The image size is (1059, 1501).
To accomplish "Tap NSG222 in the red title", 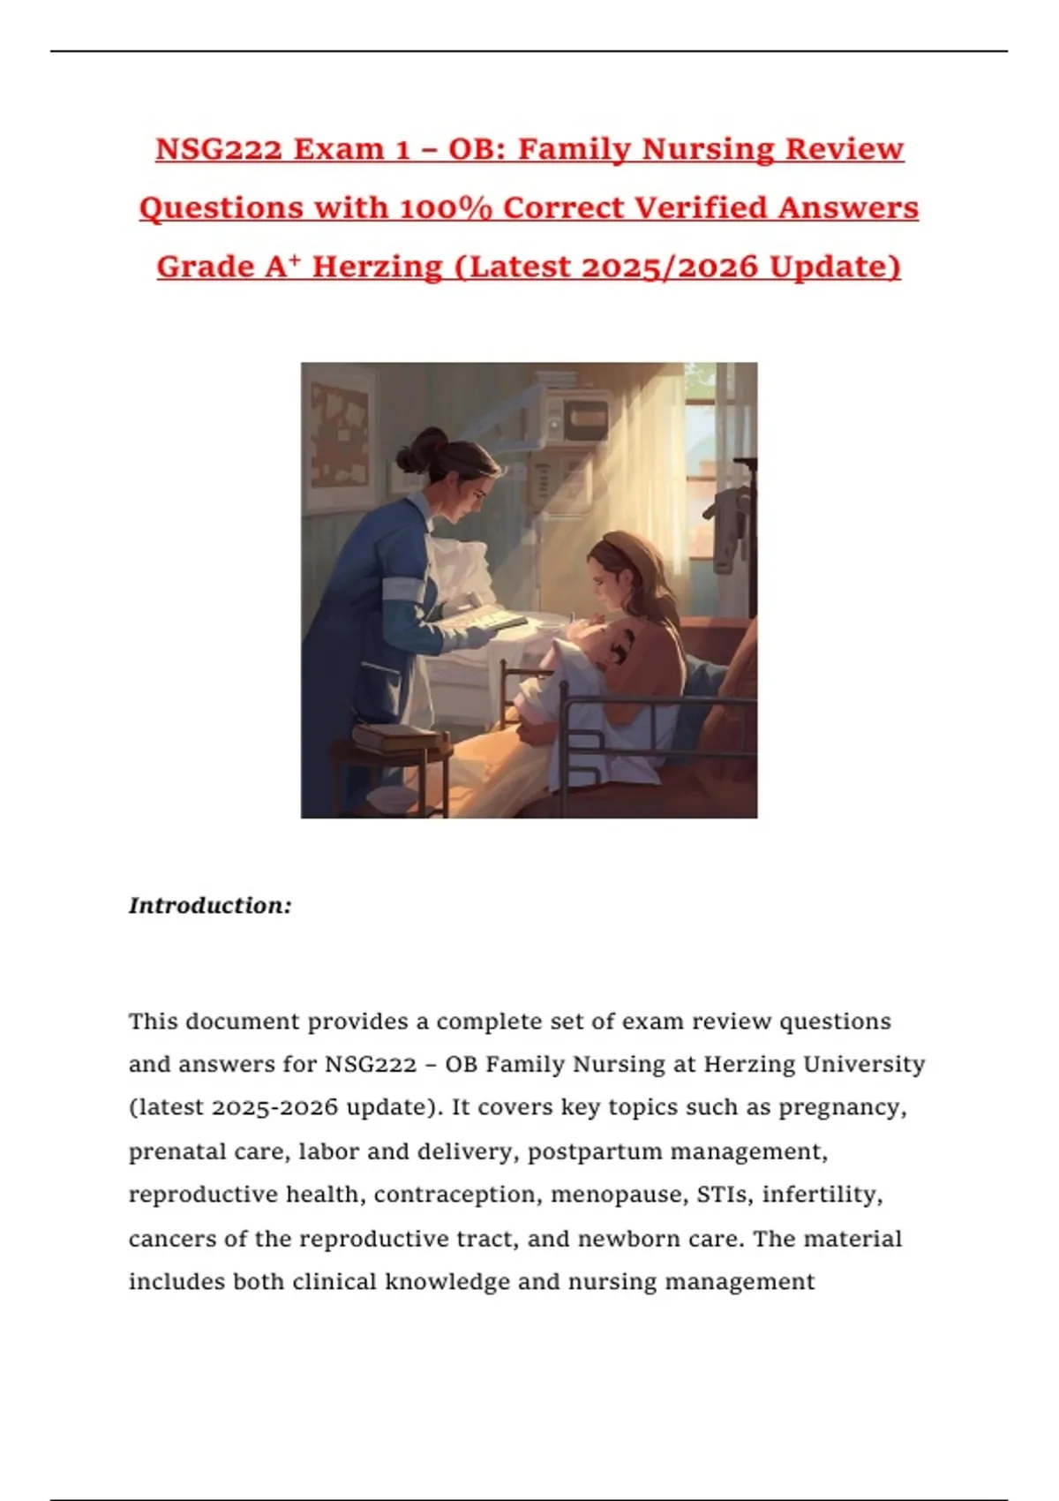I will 219,149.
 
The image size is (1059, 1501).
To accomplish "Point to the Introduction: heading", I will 210,906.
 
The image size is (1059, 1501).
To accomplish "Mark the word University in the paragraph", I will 864,1064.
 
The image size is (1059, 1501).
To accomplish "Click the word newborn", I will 625,1239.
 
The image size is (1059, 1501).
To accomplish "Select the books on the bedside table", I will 394,737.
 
